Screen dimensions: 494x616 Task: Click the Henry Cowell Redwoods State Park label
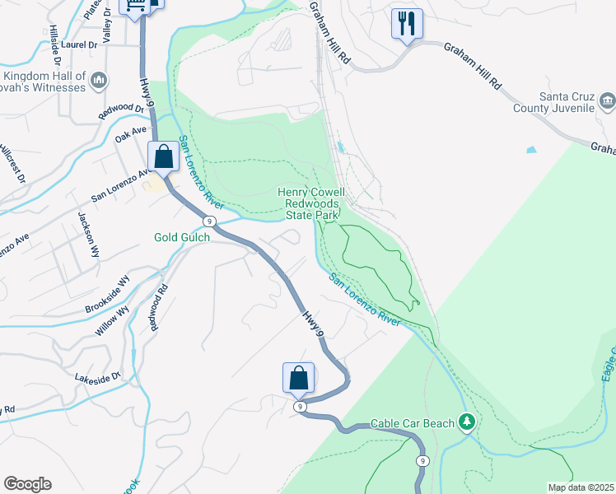(315, 203)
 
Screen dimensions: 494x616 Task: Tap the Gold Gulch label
(182, 237)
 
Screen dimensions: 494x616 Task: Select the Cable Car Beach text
(412, 423)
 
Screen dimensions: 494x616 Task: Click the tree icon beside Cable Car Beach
(467, 422)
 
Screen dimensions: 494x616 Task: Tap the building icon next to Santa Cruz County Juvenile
(608, 102)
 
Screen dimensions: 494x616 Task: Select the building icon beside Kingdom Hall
(98, 81)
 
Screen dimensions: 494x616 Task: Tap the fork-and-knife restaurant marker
(407, 23)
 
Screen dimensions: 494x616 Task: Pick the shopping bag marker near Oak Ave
(163, 156)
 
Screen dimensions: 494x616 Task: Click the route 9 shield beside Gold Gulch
(211, 221)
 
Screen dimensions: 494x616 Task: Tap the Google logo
(27, 484)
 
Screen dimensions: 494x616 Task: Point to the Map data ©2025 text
(581, 487)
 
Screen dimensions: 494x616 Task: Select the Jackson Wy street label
(89, 235)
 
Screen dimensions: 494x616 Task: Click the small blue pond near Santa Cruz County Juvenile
(531, 151)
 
